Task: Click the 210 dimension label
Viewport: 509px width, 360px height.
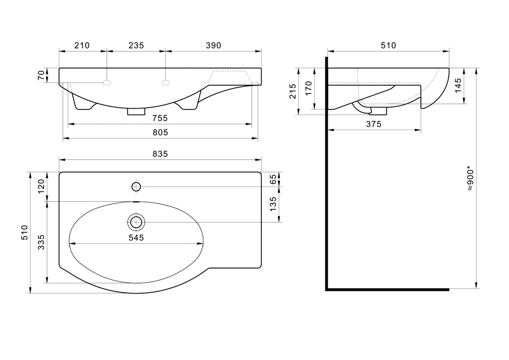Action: click(82, 45)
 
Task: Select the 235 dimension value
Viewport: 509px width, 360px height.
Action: click(136, 45)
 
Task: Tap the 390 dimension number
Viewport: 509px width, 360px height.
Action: click(214, 45)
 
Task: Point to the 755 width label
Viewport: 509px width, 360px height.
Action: click(159, 119)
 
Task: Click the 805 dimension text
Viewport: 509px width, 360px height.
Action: click(160, 133)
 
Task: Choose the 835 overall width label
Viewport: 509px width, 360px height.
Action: click(160, 154)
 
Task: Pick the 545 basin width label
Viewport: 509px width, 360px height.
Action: click(136, 238)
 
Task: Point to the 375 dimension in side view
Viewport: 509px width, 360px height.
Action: click(374, 124)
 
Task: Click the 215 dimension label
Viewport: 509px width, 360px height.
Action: click(293, 91)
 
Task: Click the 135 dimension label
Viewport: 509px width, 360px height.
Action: click(273, 204)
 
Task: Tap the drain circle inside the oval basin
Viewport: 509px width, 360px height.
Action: click(136, 222)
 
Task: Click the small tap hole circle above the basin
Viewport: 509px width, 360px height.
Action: click(136, 186)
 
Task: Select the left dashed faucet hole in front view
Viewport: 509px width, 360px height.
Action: click(107, 82)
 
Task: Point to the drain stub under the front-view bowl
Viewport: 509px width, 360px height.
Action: click(136, 112)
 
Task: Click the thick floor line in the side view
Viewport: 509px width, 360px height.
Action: click(388, 290)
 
